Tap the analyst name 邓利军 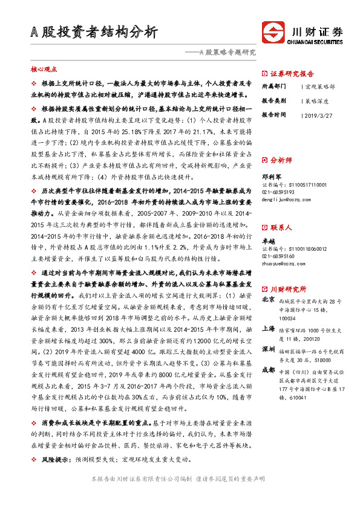tap(272, 176)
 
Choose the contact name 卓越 tap(268, 241)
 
